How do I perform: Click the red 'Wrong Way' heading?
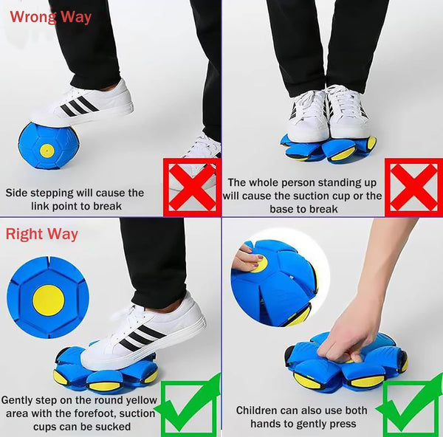coord(50,16)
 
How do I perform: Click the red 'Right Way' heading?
coord(42,235)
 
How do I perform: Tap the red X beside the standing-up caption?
coord(413,187)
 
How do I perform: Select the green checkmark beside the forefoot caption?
coord(190,406)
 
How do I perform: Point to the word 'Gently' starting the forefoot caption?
coord(20,399)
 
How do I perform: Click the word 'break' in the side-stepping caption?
coord(106,206)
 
